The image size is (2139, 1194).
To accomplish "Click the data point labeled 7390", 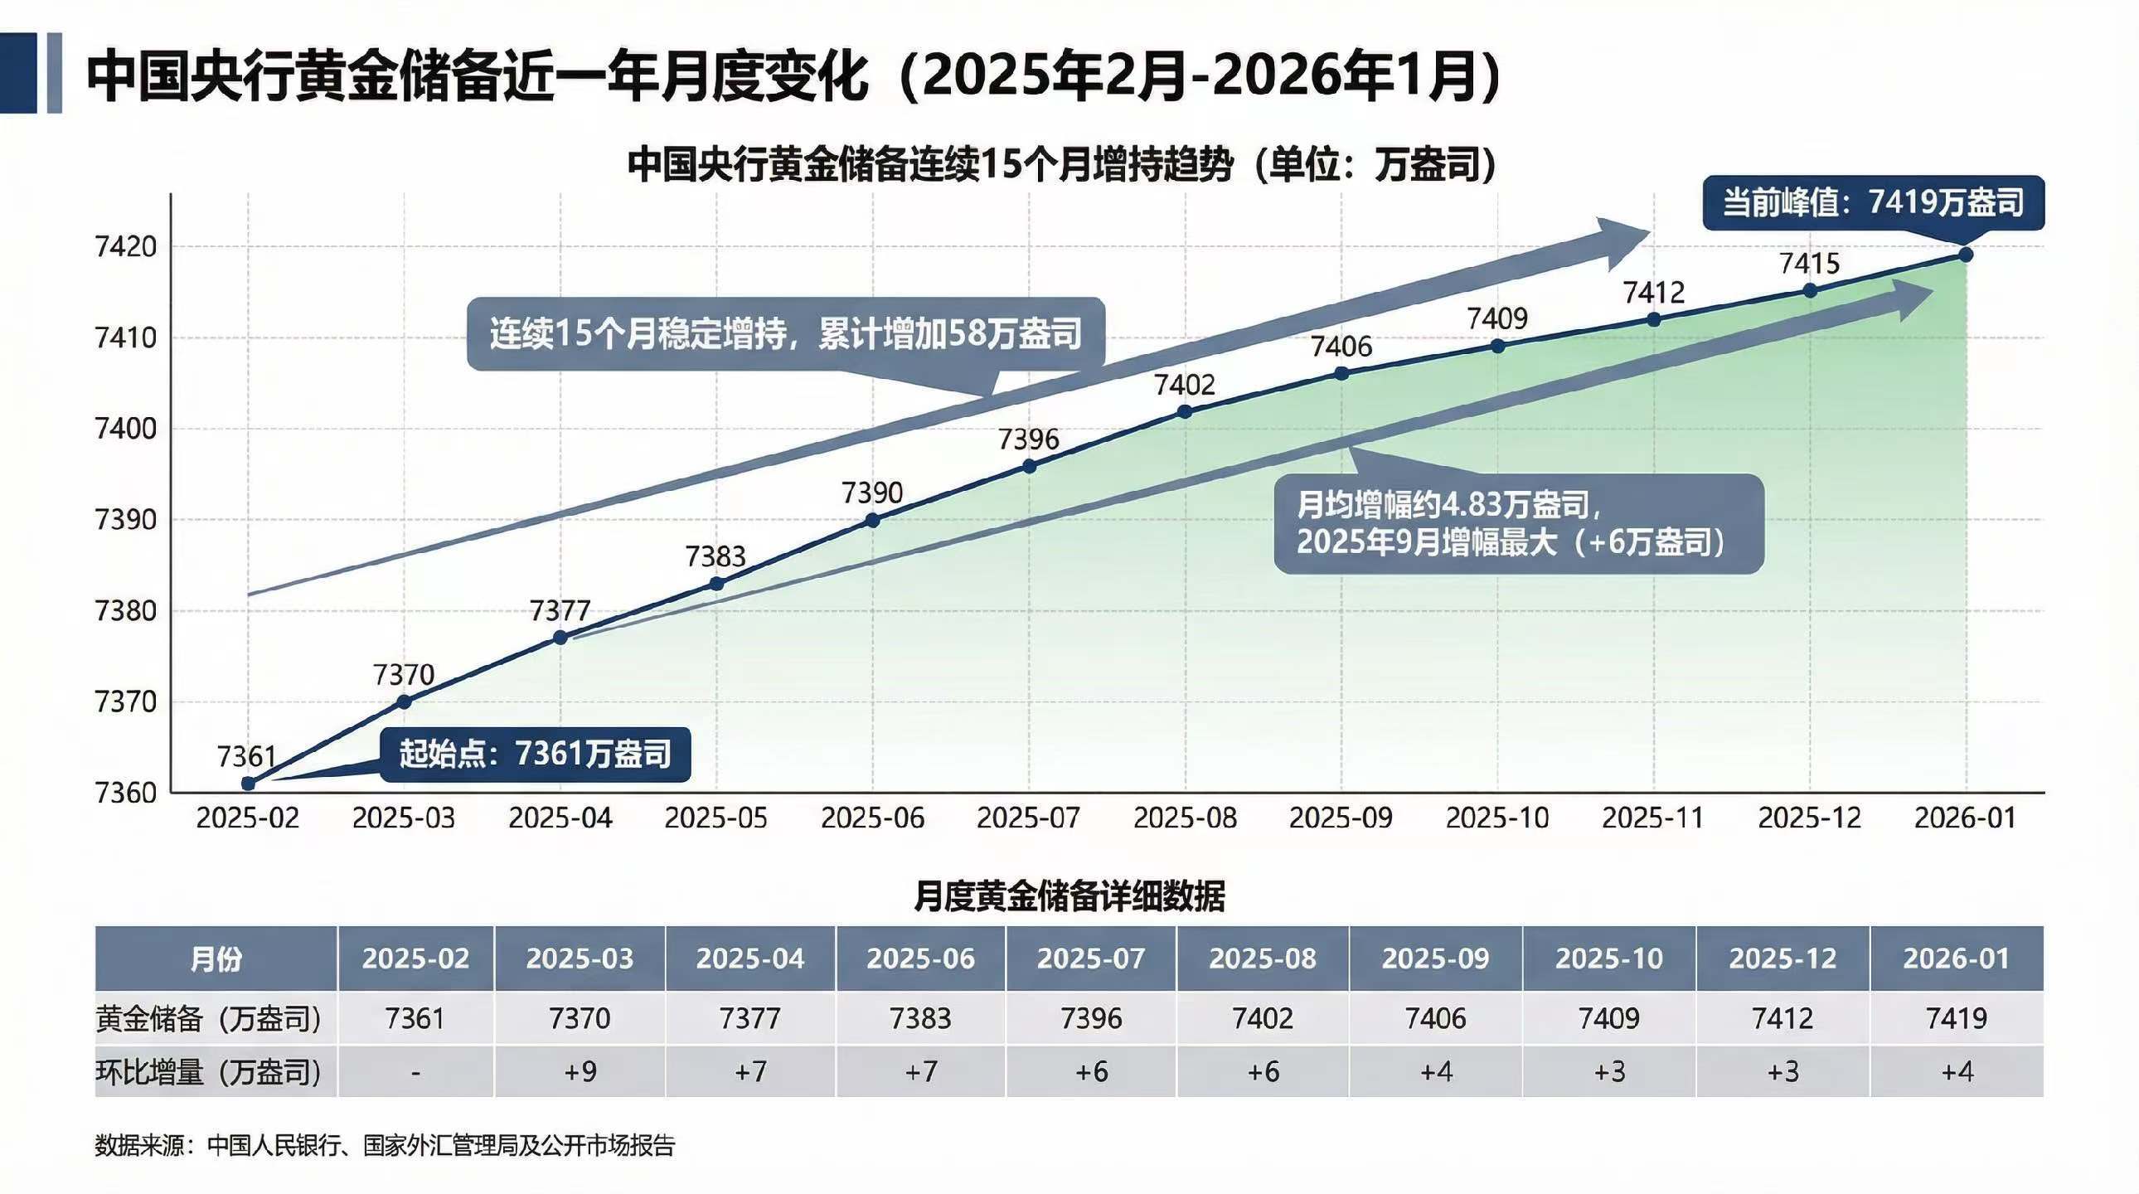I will click(872, 521).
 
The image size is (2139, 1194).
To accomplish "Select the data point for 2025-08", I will click(1185, 412).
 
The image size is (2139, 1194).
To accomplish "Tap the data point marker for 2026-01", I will click(1966, 255).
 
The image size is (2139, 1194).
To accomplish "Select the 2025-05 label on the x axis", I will click(715, 818).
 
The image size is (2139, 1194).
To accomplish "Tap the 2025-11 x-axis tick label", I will click(1652, 818).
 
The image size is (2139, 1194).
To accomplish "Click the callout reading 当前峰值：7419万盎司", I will click(1873, 202).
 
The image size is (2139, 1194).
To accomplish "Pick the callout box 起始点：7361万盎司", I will click(536, 754).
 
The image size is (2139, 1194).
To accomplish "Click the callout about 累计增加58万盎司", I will click(784, 334).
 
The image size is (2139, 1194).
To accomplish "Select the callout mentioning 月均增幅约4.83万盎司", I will click(1518, 523).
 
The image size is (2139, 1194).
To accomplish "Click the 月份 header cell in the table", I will click(216, 959).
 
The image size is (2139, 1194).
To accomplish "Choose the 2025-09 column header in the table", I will click(1435, 959).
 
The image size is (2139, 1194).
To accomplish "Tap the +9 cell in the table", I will click(580, 1072).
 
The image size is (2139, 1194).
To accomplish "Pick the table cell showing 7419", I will click(1956, 1019).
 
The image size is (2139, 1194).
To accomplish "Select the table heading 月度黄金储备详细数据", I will click(1069, 897).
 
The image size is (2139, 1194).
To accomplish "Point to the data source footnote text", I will click(385, 1146).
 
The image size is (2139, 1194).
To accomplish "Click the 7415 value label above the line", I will click(1809, 264).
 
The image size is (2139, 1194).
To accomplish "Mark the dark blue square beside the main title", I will click(18, 73).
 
